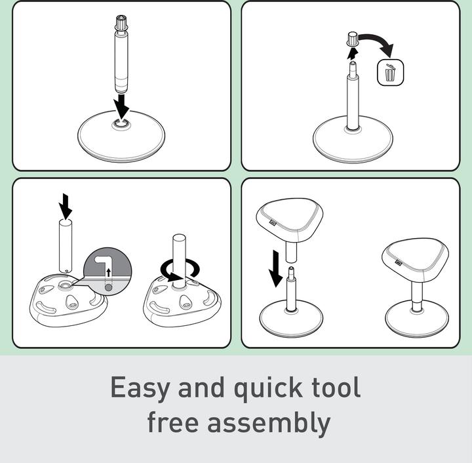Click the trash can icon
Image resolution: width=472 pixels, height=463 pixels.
tap(390, 73)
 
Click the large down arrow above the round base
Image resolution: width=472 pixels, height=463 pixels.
tap(122, 106)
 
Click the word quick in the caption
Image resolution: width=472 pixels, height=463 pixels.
tap(268, 388)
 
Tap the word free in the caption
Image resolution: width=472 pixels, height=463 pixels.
tap(173, 422)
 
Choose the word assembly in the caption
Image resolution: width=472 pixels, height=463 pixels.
tap(269, 424)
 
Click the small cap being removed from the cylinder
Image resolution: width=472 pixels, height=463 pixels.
tap(353, 39)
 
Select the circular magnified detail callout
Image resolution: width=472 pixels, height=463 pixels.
tap(108, 272)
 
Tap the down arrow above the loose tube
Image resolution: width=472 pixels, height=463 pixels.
tap(66, 206)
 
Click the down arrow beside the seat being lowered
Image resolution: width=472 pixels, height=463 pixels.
tap(275, 268)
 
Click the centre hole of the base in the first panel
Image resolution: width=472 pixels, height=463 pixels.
tap(121, 123)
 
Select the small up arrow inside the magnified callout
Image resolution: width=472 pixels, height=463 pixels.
tap(109, 272)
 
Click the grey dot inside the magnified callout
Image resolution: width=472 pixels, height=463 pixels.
tap(109, 288)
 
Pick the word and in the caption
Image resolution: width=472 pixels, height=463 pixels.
tap(201, 387)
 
